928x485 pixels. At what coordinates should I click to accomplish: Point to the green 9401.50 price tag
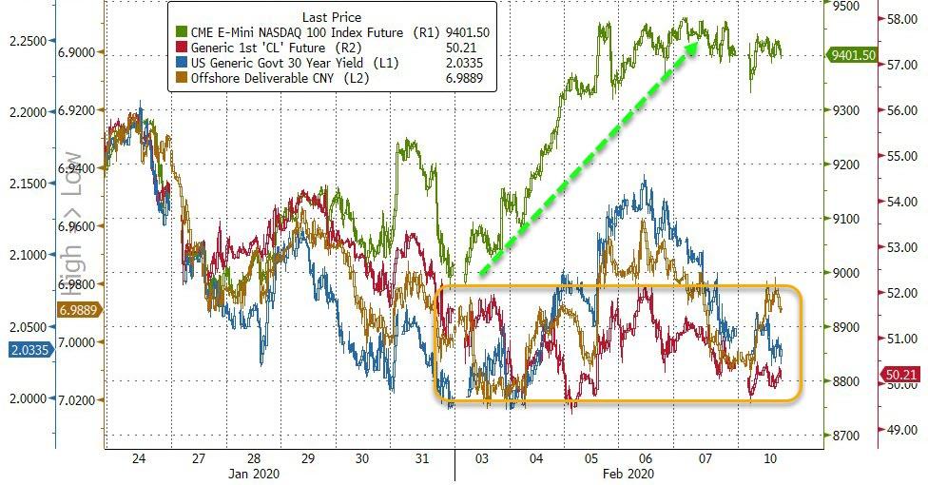tap(854, 55)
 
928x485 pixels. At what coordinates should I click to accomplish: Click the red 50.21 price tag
tap(904, 376)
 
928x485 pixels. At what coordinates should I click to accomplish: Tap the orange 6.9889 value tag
tap(81, 310)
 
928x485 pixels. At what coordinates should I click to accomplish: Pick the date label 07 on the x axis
tap(705, 458)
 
